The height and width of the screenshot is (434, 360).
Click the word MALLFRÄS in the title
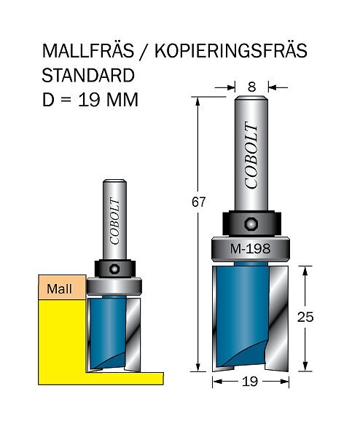click(x=88, y=50)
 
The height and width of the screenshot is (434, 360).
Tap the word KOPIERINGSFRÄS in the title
click(x=231, y=51)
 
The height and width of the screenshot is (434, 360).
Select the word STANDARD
click(x=88, y=75)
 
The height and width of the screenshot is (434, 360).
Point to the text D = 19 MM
click(x=90, y=99)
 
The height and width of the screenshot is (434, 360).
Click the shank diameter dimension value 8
click(x=251, y=87)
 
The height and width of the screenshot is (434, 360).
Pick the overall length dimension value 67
click(x=198, y=202)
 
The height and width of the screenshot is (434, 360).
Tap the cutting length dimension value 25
click(x=305, y=317)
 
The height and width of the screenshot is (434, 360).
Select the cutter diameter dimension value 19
click(x=250, y=382)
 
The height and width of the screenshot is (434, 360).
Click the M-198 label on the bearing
click(x=250, y=249)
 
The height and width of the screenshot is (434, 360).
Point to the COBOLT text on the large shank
click(x=251, y=155)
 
